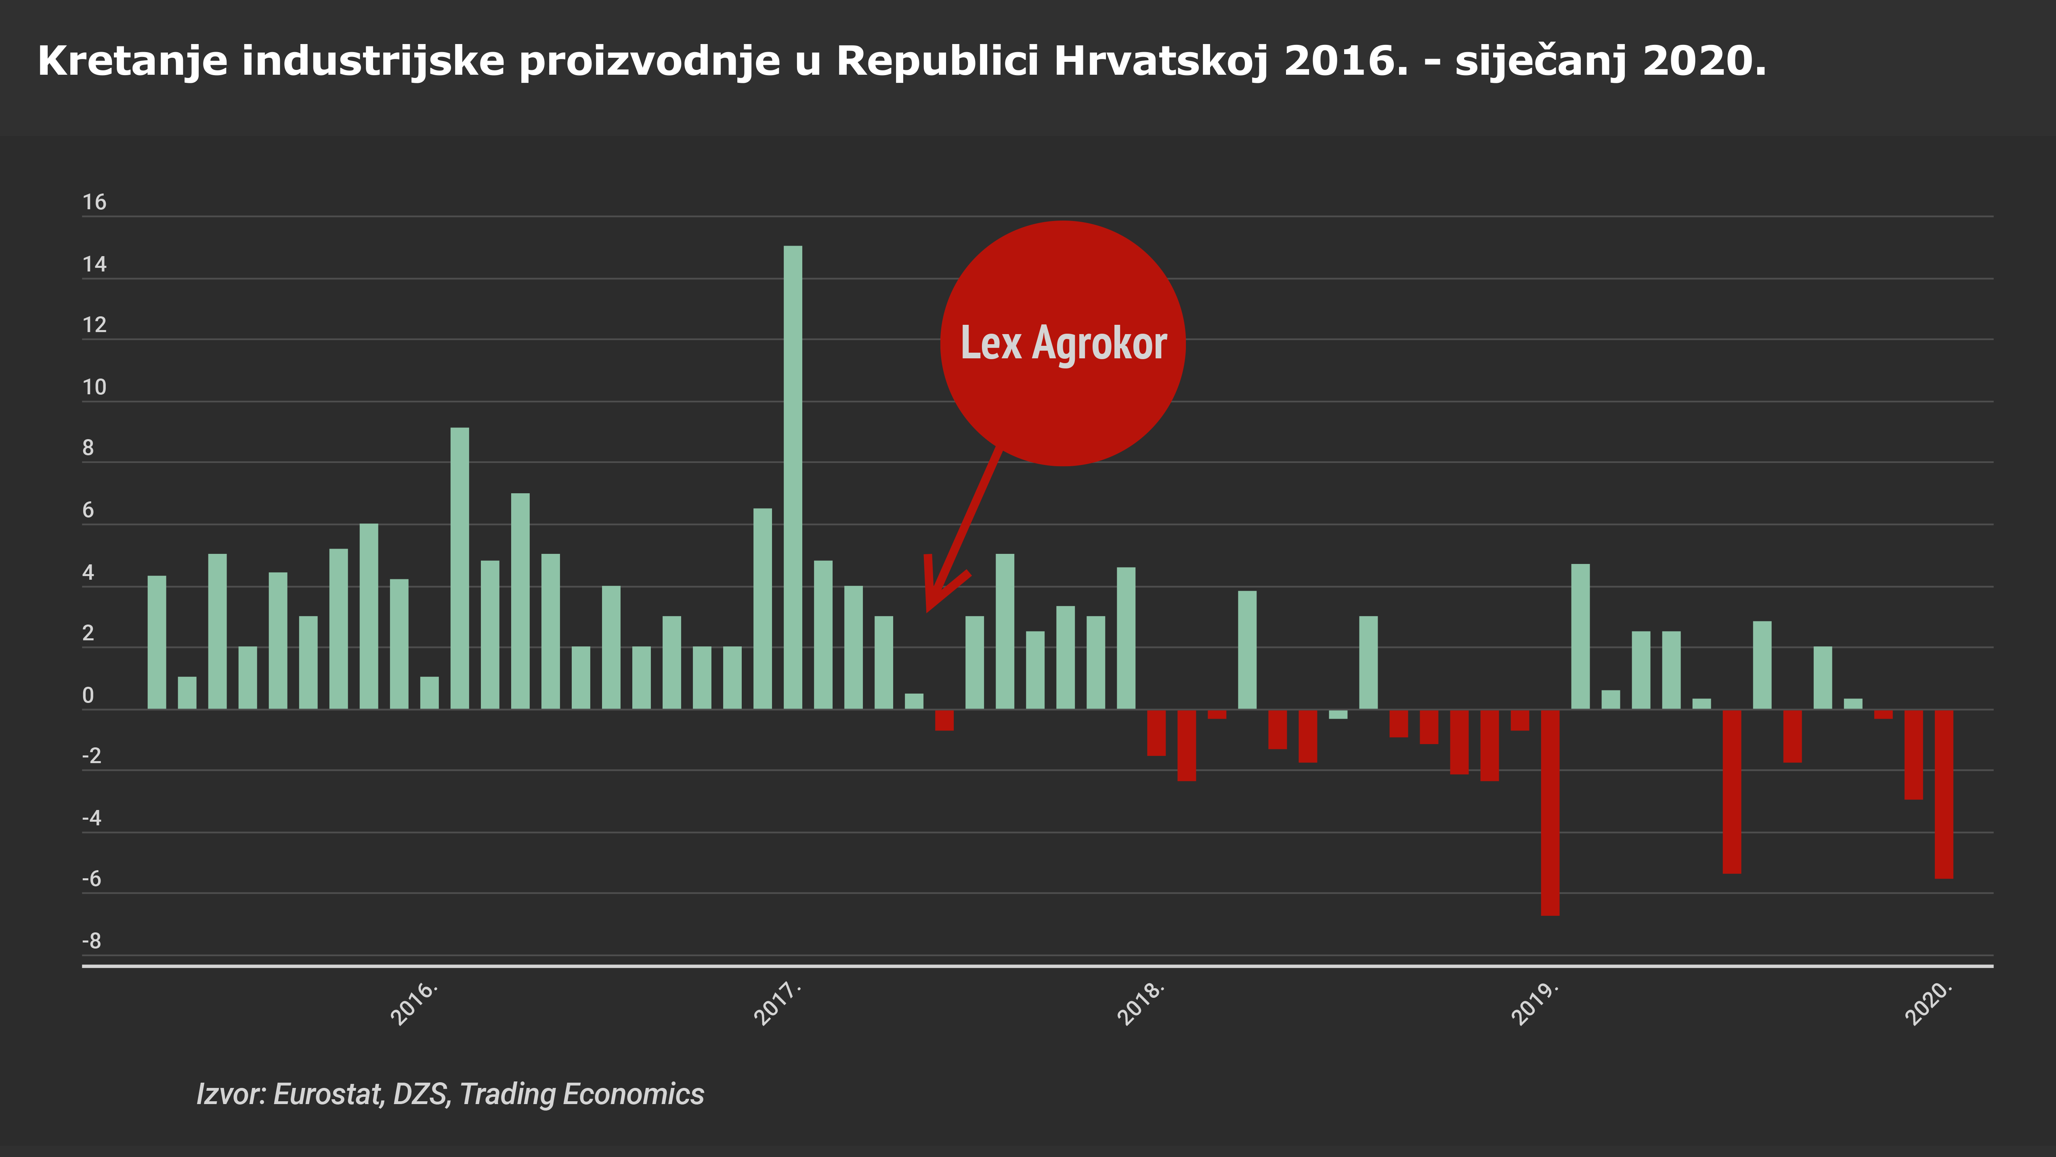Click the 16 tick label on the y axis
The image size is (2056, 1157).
coord(94,202)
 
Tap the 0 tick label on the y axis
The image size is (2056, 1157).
coord(88,696)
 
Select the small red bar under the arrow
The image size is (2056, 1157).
coord(944,719)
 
